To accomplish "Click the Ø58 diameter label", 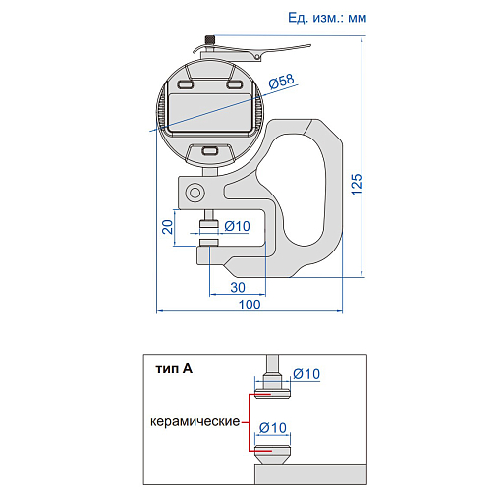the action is click(282, 81).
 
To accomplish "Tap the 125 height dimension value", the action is click(357, 185).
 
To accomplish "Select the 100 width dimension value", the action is click(250, 305).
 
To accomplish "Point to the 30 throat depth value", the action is click(238, 287).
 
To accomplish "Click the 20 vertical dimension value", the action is click(168, 227).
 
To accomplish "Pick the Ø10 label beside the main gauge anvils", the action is click(237, 226).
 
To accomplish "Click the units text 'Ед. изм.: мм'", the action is click(327, 18).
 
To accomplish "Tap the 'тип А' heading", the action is click(174, 369).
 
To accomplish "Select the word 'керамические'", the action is click(195, 421).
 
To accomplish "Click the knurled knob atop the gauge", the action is click(210, 40).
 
